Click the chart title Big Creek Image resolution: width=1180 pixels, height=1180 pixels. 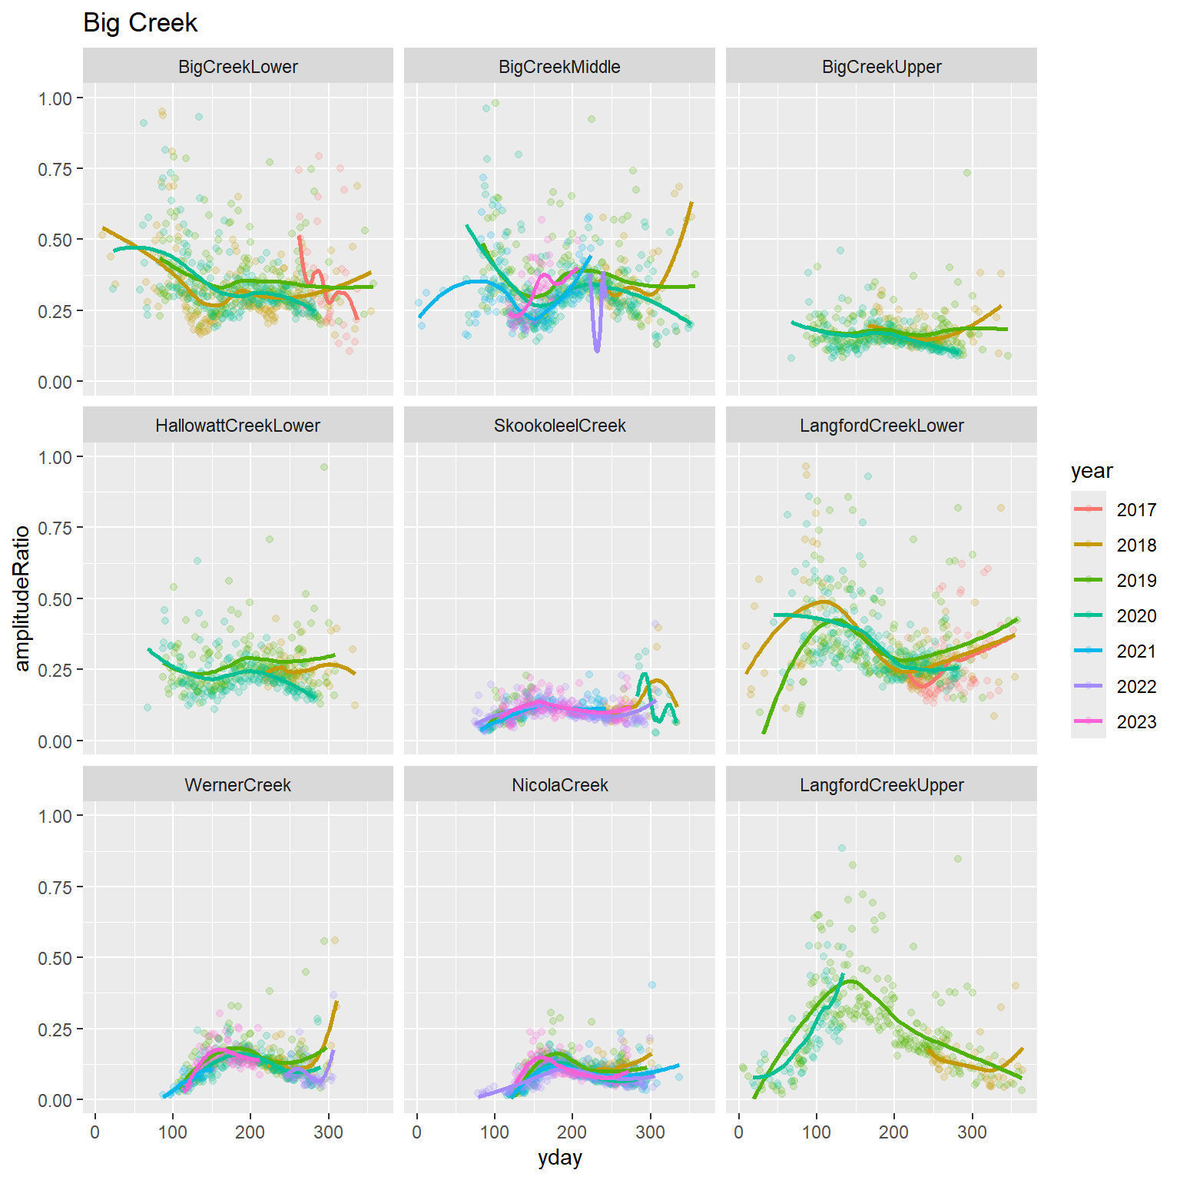(140, 23)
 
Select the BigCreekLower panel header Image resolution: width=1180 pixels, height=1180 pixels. (238, 67)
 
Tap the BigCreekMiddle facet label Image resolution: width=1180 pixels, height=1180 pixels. (559, 67)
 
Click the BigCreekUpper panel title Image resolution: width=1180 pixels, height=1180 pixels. (881, 67)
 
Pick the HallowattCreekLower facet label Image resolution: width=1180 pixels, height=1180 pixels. (238, 426)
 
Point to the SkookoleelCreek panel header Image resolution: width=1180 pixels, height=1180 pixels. (559, 426)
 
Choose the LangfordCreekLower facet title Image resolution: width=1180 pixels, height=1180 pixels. (881, 426)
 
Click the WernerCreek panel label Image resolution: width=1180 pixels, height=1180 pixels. (238, 785)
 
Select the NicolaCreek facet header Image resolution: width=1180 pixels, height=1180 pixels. (559, 785)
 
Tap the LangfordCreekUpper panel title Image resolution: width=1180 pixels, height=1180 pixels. (881, 785)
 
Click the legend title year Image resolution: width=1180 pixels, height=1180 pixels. (1092, 471)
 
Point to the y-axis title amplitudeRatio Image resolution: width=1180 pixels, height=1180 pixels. (22, 598)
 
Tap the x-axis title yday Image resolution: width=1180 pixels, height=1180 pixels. (559, 1158)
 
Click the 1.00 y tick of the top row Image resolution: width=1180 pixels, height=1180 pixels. (55, 98)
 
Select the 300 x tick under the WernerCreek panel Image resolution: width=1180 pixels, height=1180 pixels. (329, 1132)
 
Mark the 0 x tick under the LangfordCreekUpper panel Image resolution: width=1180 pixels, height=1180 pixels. (739, 1132)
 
